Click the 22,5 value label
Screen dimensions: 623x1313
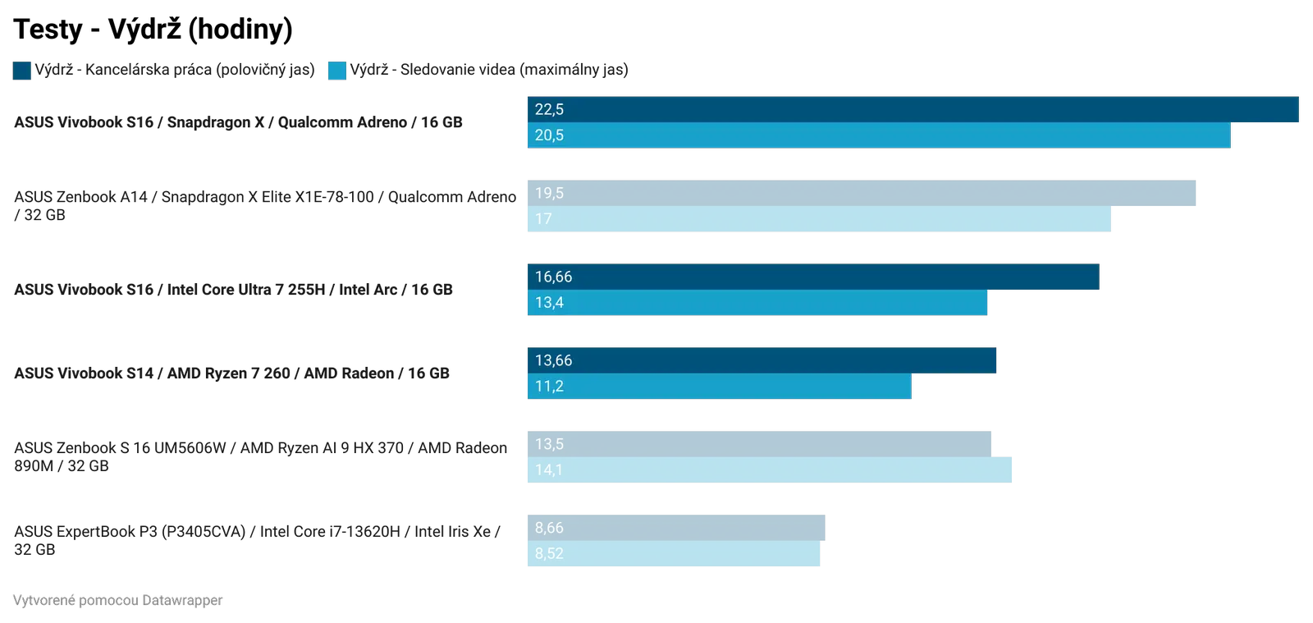click(x=549, y=109)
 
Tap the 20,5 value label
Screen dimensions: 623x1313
click(x=549, y=135)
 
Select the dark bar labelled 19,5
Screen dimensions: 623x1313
click(x=861, y=193)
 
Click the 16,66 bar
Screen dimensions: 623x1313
click(x=812, y=277)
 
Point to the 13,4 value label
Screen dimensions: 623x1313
click(x=549, y=303)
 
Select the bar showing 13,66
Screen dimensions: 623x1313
click(x=762, y=360)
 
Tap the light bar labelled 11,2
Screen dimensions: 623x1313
click(x=719, y=387)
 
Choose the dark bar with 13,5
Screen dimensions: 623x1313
click(x=758, y=444)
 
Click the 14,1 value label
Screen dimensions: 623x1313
click(x=549, y=470)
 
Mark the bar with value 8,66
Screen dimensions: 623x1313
click(x=675, y=528)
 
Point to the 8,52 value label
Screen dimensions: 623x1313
click(x=549, y=554)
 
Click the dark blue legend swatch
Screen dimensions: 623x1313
click(x=22, y=71)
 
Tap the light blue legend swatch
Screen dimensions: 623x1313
click(x=337, y=71)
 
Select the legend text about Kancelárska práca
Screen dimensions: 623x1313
click(x=175, y=70)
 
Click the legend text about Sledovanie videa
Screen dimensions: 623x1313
click(x=490, y=70)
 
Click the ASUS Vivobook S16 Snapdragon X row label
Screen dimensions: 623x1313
click(x=238, y=122)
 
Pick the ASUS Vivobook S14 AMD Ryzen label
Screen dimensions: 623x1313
click(x=232, y=373)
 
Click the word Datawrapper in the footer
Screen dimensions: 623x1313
click(x=181, y=601)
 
